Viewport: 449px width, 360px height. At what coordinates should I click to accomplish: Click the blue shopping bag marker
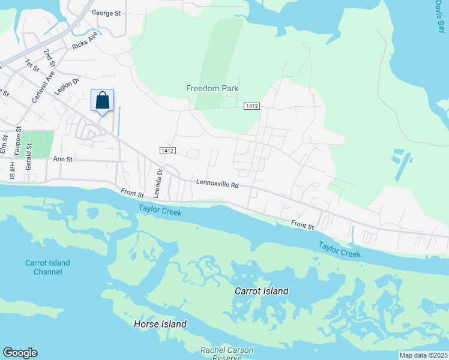(x=102, y=100)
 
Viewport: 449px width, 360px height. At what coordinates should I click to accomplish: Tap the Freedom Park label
(x=212, y=88)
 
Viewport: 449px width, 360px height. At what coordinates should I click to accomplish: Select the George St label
(x=106, y=12)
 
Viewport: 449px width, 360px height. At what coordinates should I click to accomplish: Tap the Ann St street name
(x=62, y=160)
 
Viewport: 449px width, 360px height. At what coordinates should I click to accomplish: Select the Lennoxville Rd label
(x=217, y=185)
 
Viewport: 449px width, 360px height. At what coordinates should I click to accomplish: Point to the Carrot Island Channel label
(x=47, y=267)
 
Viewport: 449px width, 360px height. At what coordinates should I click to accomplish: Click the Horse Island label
(x=160, y=324)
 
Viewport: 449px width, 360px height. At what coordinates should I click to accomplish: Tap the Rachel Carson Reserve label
(x=227, y=353)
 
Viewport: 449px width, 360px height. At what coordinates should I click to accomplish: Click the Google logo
(x=20, y=353)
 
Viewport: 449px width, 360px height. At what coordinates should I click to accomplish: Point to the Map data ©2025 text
(x=423, y=355)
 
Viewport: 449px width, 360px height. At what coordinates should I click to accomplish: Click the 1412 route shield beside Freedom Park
(x=252, y=106)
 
